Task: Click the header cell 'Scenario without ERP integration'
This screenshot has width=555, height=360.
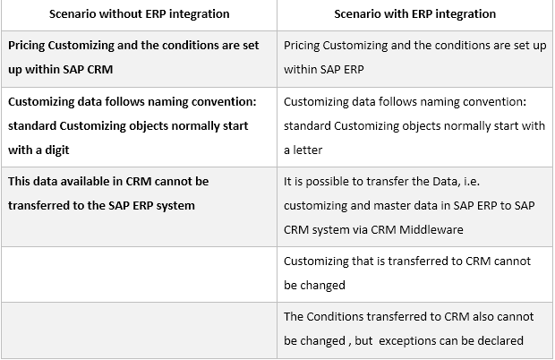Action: [138, 14]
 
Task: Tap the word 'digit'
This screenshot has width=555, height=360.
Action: [51, 150]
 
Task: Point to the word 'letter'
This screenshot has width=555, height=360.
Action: [310, 150]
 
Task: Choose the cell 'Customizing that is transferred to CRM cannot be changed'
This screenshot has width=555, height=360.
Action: [414, 272]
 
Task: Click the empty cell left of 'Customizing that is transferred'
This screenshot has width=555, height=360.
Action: [138, 272]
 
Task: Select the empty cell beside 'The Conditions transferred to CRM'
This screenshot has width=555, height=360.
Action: [138, 328]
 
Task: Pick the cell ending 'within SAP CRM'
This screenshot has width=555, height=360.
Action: [138, 56]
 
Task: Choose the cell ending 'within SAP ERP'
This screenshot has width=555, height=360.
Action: [414, 56]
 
